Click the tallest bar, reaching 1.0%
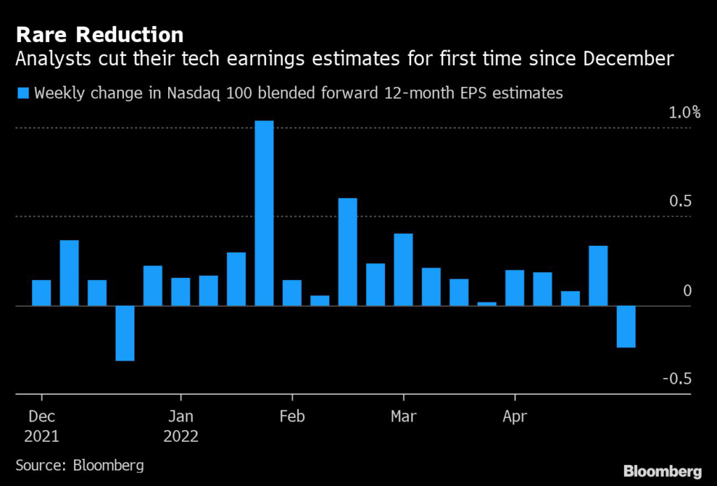(264, 213)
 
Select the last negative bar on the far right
(626, 326)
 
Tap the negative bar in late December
(125, 333)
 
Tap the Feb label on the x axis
(292, 417)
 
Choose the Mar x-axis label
(403, 417)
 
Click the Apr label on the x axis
(515, 417)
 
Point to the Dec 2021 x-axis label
(41, 426)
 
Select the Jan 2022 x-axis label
(181, 426)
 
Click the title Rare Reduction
(100, 34)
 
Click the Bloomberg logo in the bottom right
(663, 470)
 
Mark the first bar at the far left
(41, 293)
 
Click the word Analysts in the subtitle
(47, 60)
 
